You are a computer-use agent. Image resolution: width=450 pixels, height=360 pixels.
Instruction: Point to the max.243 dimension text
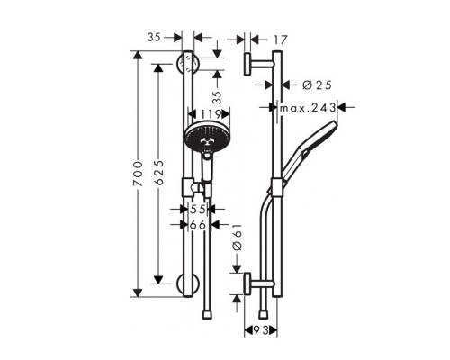pos(307,107)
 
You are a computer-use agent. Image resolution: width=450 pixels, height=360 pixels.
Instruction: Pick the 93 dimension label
pos(262,332)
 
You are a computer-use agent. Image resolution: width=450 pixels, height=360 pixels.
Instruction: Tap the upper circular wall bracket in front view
pos(188,65)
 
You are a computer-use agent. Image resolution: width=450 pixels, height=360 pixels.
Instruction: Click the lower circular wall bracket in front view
pos(188,287)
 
